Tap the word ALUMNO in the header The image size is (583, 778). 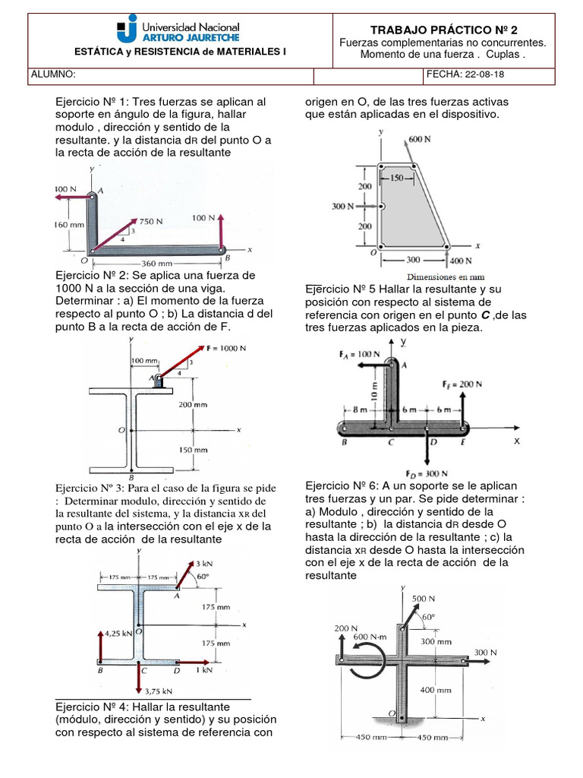[x=53, y=75]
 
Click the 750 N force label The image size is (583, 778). [x=149, y=222]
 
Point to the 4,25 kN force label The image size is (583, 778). [x=117, y=631]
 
